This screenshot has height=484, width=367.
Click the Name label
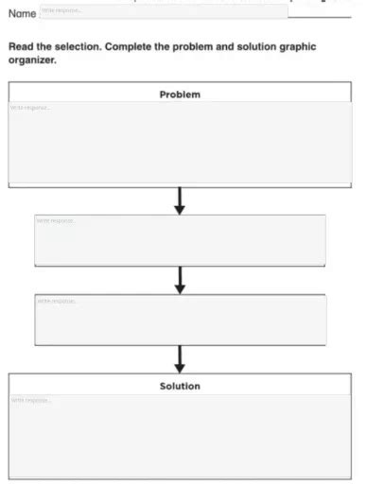pyautogui.click(x=22, y=13)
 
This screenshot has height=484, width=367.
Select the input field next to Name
pyautogui.click(x=163, y=11)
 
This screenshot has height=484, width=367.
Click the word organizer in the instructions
pyautogui.click(x=33, y=60)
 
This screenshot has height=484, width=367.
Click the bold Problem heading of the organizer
pyautogui.click(x=180, y=95)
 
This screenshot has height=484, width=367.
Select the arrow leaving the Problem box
pyautogui.click(x=180, y=199)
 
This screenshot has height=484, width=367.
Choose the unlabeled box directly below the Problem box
pyautogui.click(x=180, y=240)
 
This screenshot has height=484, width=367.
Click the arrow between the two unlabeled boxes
pyautogui.click(x=180, y=280)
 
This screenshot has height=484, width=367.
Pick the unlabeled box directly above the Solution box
pyautogui.click(x=180, y=320)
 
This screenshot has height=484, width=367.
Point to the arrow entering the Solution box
pyautogui.click(x=180, y=359)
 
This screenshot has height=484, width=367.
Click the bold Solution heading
pyautogui.click(x=180, y=386)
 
